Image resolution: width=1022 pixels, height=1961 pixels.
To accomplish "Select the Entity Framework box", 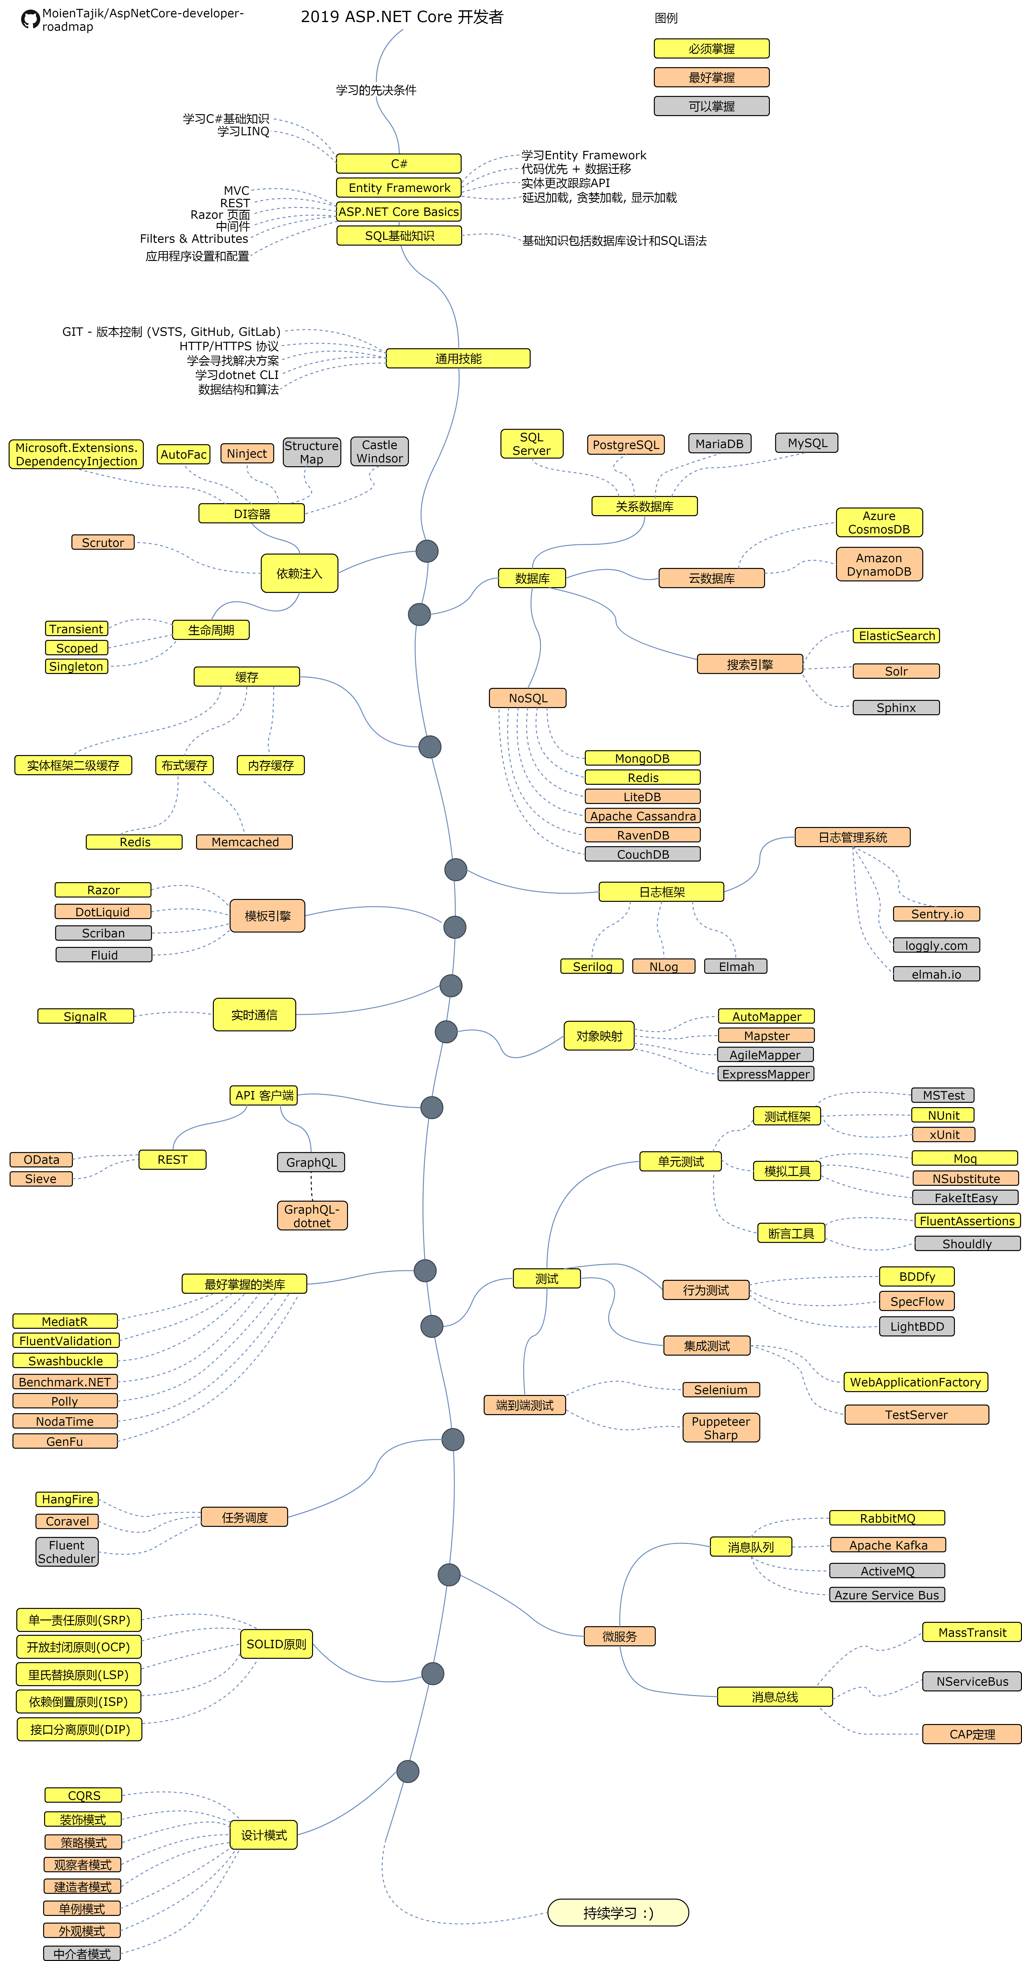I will [x=399, y=187].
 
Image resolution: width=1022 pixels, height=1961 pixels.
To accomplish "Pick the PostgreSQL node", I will [x=626, y=445].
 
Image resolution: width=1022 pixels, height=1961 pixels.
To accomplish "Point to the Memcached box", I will [x=244, y=842].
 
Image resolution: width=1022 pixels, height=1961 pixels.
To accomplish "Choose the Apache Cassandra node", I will [x=642, y=816].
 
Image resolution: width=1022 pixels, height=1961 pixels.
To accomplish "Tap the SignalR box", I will [x=85, y=1016].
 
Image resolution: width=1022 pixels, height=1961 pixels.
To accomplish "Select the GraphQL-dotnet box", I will [x=312, y=1216].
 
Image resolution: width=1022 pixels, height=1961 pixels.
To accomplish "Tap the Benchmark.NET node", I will [x=65, y=1382].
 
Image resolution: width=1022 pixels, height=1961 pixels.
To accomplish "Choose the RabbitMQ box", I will [x=887, y=1518].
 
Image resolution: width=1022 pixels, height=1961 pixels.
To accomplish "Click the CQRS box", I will [x=84, y=1795].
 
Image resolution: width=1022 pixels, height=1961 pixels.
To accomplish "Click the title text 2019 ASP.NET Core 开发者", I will [x=402, y=17].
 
